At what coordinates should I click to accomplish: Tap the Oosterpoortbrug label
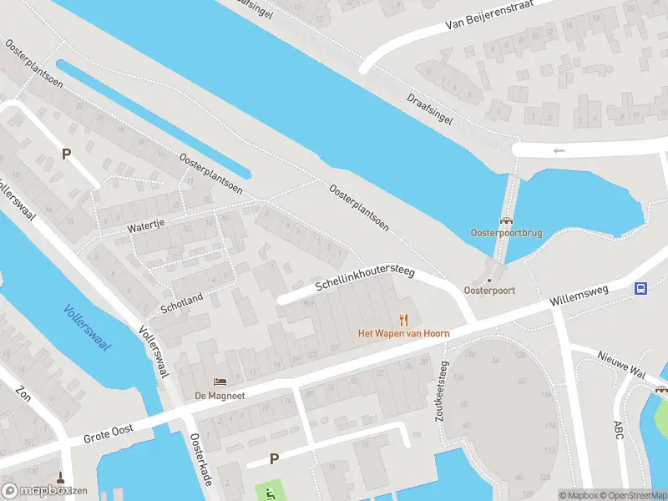[x=506, y=233]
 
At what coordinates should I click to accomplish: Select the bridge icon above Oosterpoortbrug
[x=506, y=220]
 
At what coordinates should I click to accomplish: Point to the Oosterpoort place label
[x=489, y=291]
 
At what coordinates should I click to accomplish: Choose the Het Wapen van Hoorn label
[x=404, y=333]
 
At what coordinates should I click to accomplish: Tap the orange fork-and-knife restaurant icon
[x=404, y=319]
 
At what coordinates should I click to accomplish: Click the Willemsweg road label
[x=579, y=296]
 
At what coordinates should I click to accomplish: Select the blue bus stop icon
[x=640, y=289]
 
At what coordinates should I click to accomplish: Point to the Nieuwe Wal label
[x=621, y=364]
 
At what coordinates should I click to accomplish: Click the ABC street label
[x=618, y=429]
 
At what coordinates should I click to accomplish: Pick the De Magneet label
[x=220, y=395]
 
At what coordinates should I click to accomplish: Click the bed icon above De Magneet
[x=220, y=382]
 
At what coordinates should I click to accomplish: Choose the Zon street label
[x=23, y=393]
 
